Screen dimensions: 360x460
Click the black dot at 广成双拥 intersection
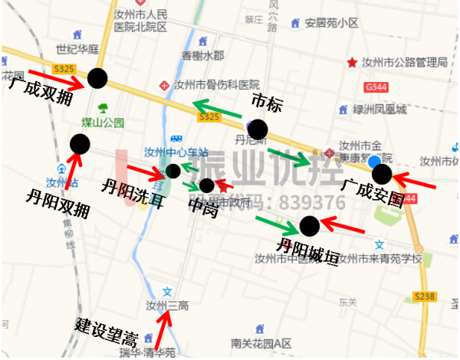[97, 77]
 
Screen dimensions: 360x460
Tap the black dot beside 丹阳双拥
[80, 143]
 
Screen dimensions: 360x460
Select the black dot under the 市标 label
[258, 129]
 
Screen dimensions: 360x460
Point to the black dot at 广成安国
[382, 174]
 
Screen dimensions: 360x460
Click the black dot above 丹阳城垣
[309, 225]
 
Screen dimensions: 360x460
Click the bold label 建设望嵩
[106, 331]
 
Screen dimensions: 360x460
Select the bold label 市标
[266, 102]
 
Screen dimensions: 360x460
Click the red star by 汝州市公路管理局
[352, 62]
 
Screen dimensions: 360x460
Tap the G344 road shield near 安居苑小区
[376, 89]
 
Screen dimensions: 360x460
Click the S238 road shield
[424, 296]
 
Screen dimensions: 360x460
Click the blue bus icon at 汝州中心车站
[176, 139]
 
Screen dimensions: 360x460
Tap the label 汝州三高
[167, 306]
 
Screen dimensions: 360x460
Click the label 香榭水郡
[202, 56]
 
